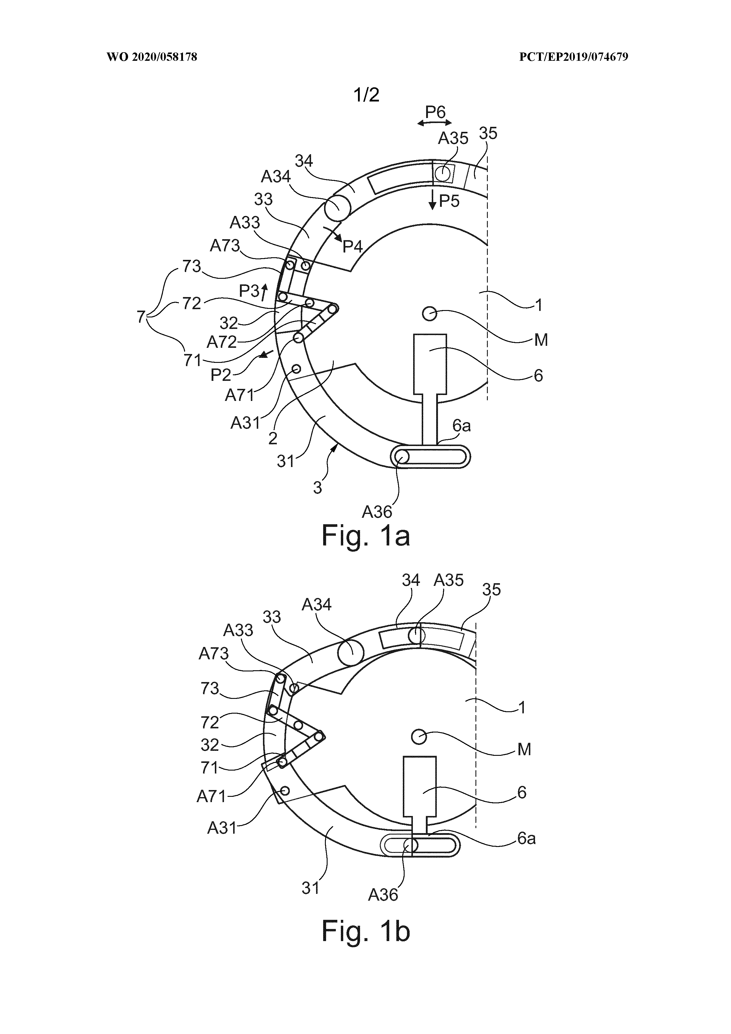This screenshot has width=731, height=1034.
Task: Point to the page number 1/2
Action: tap(367, 95)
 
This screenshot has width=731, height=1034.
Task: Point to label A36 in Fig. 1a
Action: tap(377, 512)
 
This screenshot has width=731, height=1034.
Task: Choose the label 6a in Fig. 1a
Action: tap(462, 425)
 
